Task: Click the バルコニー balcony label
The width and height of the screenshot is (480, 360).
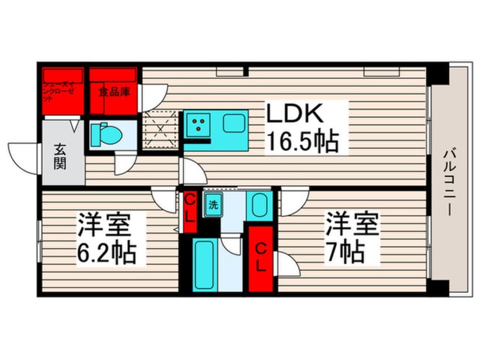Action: tap(448, 181)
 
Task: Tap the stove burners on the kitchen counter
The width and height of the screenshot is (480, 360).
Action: tap(199, 124)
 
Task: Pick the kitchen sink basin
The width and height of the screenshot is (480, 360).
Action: tap(233, 123)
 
